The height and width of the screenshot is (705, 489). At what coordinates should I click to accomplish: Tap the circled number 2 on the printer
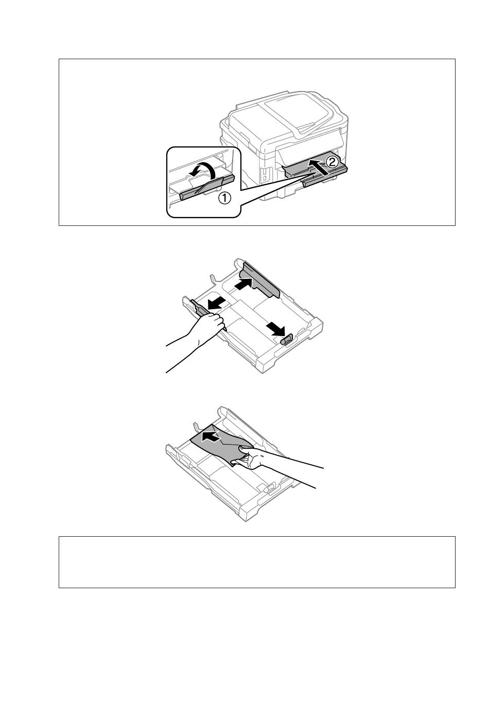tap(331, 162)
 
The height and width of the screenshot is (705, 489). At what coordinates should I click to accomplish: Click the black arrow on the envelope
tap(211, 436)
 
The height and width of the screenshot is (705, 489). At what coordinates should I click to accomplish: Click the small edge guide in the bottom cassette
tap(269, 488)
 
